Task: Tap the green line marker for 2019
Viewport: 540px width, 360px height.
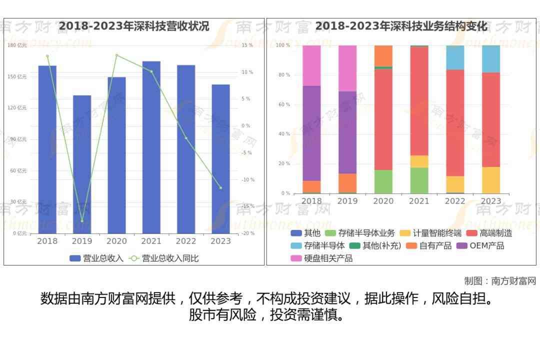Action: (x=82, y=220)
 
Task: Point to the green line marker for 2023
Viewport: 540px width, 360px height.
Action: (x=220, y=188)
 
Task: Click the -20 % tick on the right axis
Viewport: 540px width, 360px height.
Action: (x=248, y=233)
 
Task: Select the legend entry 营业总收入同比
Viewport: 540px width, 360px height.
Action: (x=164, y=258)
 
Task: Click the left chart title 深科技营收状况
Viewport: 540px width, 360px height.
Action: (x=134, y=26)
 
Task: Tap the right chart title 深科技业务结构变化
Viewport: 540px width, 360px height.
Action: (x=401, y=26)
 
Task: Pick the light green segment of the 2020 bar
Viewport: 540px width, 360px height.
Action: (x=383, y=181)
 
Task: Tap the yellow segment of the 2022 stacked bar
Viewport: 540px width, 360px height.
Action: (x=455, y=184)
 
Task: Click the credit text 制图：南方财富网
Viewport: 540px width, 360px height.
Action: (x=499, y=281)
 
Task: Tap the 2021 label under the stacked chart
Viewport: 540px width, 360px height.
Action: (x=419, y=201)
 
